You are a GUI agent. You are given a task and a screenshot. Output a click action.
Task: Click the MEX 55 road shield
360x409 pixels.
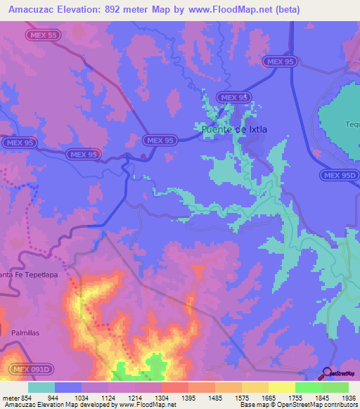pos(44,34)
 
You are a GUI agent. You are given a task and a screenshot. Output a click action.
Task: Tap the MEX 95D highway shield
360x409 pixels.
pos(340,175)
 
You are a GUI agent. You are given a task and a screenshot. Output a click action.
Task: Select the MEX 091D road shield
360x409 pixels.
pos(30,369)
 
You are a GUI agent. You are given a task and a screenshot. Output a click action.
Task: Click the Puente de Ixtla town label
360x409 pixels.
pos(234,129)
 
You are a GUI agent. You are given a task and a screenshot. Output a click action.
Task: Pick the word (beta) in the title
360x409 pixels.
pos(287,10)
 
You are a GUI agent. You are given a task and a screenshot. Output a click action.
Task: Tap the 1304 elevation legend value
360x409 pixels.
pos(161,398)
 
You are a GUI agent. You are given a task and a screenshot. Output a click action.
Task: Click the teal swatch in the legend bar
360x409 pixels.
pos(41,387)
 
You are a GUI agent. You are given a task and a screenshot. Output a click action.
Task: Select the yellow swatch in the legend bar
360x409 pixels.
pos(281,387)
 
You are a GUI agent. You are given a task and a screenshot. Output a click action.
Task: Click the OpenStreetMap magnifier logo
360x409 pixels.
pos(328,373)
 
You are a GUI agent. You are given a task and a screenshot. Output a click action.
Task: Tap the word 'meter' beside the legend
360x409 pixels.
pos(10,398)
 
